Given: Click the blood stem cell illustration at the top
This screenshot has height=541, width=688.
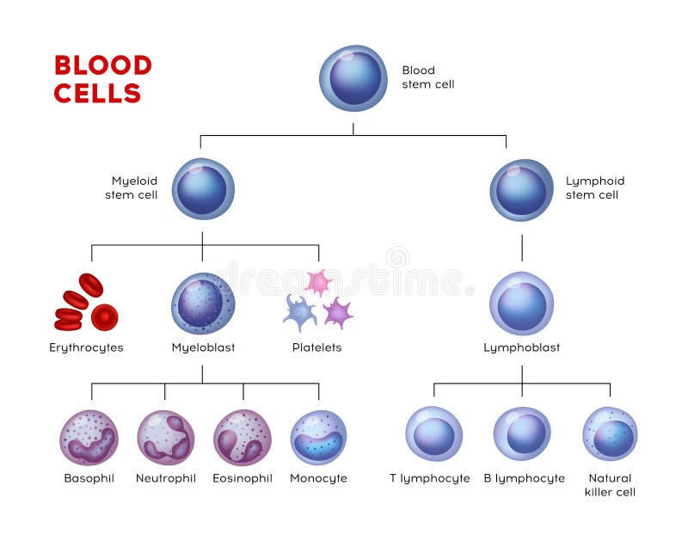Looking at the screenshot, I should (x=353, y=78).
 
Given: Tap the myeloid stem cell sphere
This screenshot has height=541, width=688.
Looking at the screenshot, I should (x=203, y=188).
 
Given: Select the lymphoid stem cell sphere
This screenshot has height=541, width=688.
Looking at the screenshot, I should (x=521, y=189).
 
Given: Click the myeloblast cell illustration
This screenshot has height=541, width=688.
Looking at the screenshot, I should (x=203, y=304).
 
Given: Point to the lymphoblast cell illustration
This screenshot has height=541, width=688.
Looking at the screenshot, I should (x=521, y=304).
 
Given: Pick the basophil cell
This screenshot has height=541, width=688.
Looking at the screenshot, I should (x=89, y=437).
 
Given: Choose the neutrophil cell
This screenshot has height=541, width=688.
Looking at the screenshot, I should (x=165, y=437).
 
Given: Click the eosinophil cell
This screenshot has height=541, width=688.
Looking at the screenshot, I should (x=243, y=437).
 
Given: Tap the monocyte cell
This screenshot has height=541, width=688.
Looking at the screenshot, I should (x=318, y=437).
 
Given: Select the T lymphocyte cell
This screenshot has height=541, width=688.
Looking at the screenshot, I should (x=433, y=433).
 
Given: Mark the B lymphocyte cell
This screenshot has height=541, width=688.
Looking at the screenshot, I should (x=522, y=433).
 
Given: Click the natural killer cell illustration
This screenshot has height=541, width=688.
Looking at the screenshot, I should (x=610, y=433).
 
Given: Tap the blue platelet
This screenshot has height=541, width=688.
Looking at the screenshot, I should (x=299, y=311).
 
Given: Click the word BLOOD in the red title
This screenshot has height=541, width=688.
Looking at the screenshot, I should (x=102, y=65).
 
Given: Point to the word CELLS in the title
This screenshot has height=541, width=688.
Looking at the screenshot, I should (x=97, y=93).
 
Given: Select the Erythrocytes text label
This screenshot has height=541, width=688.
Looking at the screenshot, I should (x=86, y=347).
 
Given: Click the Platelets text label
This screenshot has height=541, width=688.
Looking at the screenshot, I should (x=316, y=347).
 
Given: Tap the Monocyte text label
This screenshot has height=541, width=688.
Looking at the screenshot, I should (x=318, y=478).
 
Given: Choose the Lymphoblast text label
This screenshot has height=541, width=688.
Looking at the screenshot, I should (x=521, y=347).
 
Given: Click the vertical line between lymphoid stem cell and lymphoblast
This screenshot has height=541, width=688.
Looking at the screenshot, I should (x=522, y=248).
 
